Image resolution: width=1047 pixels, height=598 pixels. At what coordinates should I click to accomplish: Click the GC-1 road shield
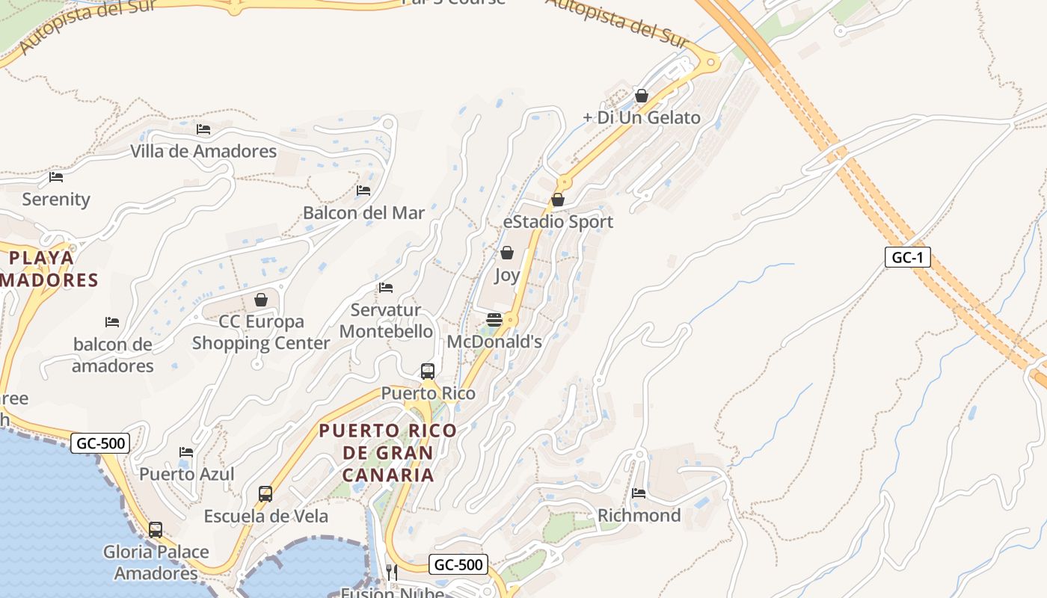click(907, 257)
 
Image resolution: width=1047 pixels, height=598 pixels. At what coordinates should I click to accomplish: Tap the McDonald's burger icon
click(494, 320)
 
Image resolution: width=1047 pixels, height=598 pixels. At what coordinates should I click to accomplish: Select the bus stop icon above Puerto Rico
click(428, 371)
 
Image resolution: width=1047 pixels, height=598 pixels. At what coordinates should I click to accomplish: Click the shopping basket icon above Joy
click(507, 253)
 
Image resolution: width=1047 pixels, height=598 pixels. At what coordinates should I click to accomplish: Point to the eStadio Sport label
click(558, 222)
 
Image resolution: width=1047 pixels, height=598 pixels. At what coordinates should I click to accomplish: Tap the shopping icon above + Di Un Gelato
click(641, 96)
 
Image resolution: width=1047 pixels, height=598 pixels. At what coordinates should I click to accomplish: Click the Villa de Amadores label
click(203, 151)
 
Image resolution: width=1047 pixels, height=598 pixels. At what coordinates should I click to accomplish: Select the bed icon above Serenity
click(56, 177)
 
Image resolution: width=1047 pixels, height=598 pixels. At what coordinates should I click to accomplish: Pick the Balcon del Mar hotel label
click(363, 213)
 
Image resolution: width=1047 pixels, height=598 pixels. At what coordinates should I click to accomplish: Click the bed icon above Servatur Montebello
click(386, 288)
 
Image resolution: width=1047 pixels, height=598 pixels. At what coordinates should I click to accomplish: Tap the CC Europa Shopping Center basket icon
click(261, 300)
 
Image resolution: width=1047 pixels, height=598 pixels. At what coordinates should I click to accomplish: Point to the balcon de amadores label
click(113, 355)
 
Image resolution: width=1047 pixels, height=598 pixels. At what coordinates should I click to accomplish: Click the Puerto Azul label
click(187, 474)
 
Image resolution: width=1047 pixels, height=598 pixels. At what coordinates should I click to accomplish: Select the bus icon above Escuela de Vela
click(265, 493)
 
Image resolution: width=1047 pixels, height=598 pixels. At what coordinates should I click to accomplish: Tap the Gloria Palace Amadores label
click(156, 562)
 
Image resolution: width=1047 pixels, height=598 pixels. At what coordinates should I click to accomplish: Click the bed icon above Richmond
click(639, 493)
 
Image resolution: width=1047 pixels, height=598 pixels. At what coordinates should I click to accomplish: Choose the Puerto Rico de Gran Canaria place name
click(388, 452)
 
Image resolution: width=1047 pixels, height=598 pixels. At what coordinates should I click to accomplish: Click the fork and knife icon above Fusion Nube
click(391, 572)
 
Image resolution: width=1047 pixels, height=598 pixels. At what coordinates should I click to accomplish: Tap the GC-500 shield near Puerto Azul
click(102, 443)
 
